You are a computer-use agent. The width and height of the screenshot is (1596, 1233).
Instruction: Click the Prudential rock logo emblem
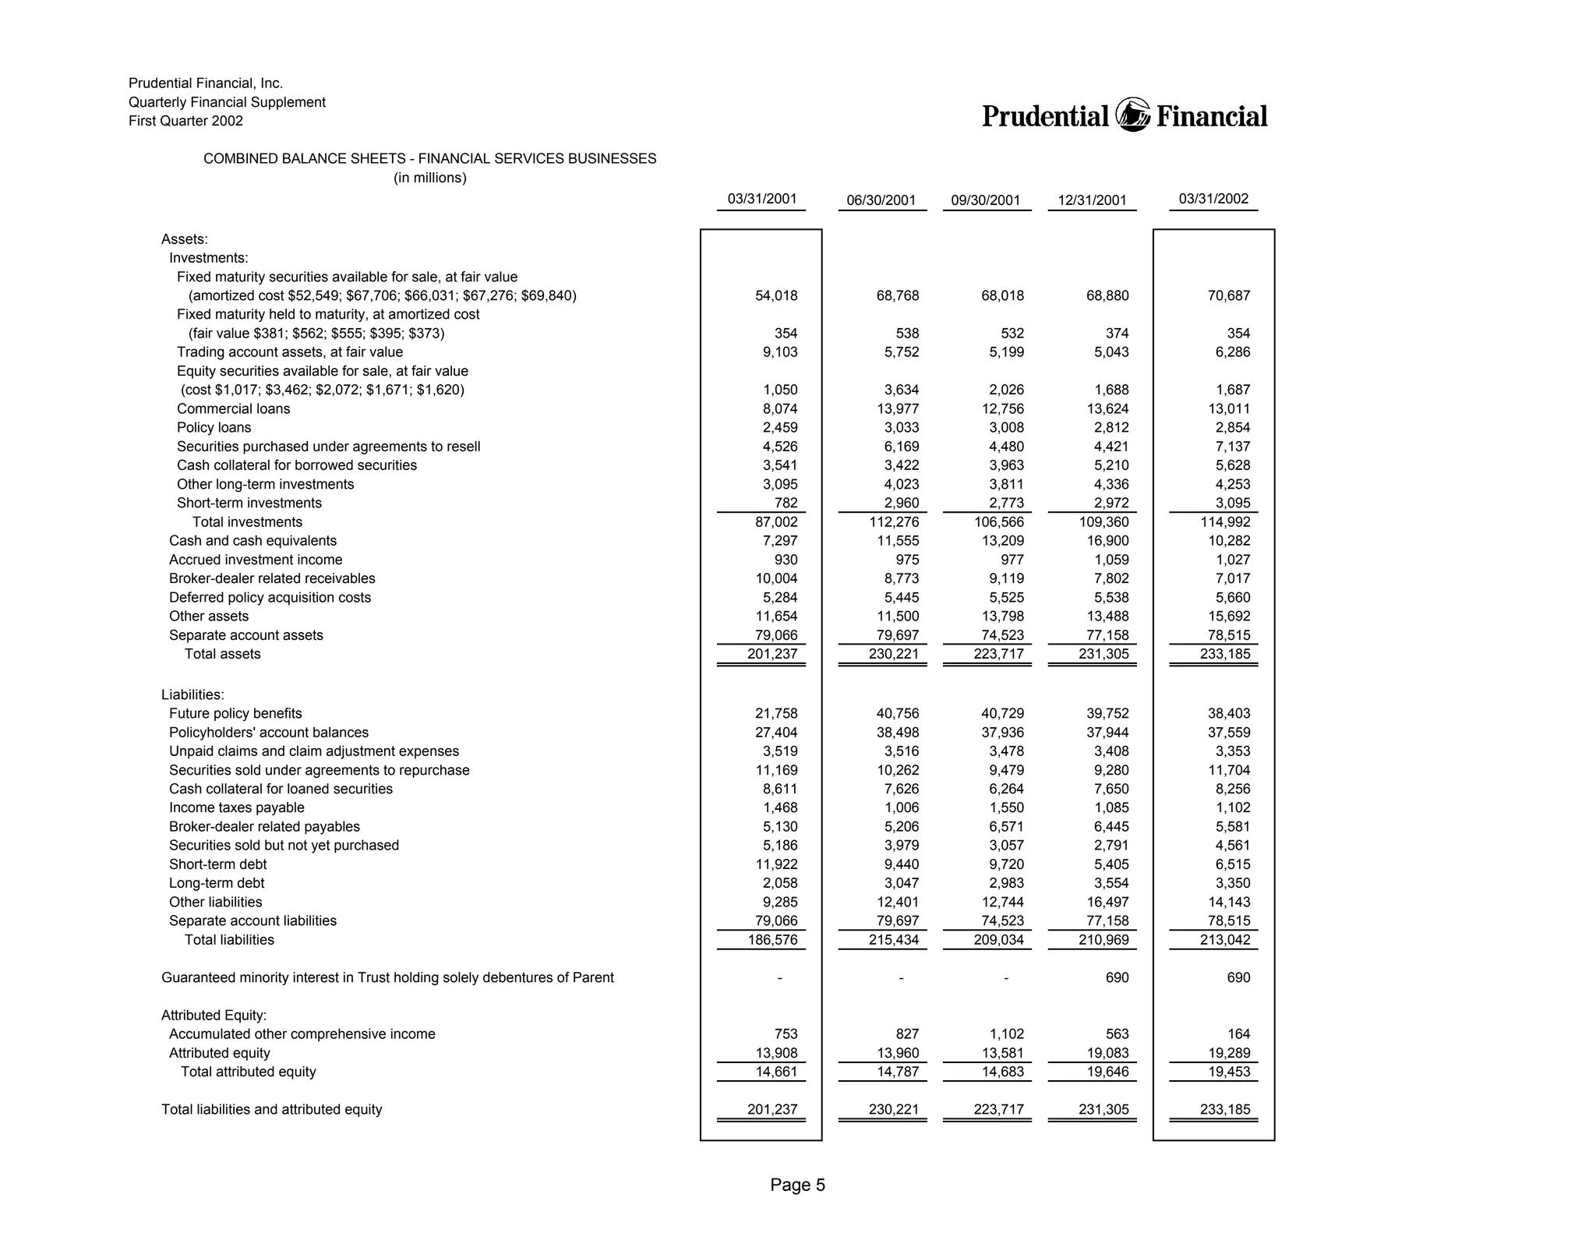tap(1132, 115)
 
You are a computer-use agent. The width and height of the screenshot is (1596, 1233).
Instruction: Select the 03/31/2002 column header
tap(1213, 199)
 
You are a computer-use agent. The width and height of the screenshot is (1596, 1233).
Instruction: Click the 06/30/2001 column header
tap(881, 200)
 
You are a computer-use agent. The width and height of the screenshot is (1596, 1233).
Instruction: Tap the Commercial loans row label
tap(233, 409)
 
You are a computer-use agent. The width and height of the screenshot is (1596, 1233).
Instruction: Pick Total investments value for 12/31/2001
tap(1104, 522)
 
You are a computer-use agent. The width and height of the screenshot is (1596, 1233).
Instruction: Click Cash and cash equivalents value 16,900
tap(1107, 541)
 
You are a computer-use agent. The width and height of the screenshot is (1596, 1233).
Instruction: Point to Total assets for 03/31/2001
tap(772, 654)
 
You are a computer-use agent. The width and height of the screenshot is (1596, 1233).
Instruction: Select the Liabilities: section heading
tap(192, 694)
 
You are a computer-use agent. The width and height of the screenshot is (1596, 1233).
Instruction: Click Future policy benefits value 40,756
tap(897, 714)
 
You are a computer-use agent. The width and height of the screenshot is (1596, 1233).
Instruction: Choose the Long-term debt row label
tap(217, 883)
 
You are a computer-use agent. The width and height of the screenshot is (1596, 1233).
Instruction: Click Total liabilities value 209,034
tap(998, 940)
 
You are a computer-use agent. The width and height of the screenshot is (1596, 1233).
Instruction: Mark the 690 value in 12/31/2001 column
tap(1117, 977)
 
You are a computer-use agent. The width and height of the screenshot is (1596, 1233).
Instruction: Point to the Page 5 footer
tap(797, 1185)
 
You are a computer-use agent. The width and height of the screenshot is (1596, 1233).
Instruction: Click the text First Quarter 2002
tap(185, 121)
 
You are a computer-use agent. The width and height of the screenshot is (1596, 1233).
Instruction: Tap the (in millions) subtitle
tap(429, 178)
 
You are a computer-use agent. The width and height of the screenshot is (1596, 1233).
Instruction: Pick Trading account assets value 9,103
tap(779, 352)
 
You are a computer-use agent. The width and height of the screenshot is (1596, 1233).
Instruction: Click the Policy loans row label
tap(214, 428)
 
